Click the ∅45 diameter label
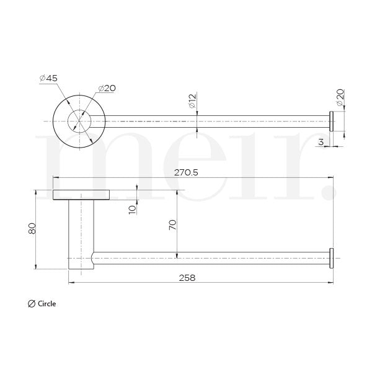[x=50, y=78]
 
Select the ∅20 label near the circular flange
[x=107, y=88]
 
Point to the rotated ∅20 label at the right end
[x=340, y=96]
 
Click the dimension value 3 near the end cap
[x=320, y=142]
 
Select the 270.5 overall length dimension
[x=186, y=173]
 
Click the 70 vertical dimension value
[x=173, y=224]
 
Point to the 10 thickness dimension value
[x=132, y=209]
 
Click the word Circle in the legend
[x=46, y=304]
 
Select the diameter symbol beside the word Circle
[x=32, y=304]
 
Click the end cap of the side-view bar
[x=332, y=257]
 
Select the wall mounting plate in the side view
[x=81, y=195]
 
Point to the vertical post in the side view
[x=79, y=232]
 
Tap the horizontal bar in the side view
[x=211, y=257]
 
